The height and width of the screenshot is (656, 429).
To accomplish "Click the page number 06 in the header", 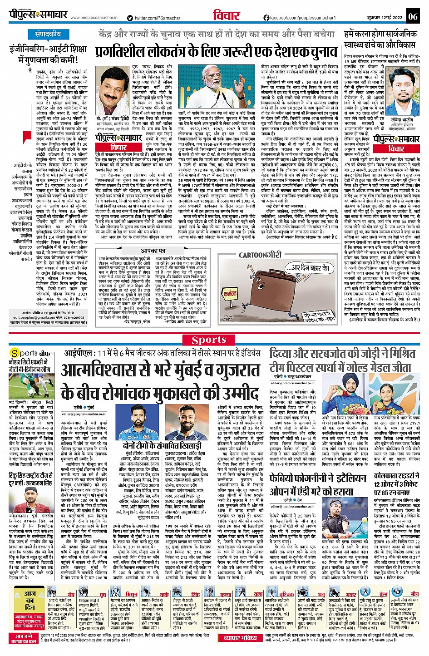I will coord(412,17).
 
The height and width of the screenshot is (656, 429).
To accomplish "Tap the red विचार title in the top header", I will coord(226,15).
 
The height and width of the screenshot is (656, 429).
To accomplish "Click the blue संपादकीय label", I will coord(48,34).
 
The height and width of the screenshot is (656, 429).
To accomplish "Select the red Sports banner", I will coord(208,340).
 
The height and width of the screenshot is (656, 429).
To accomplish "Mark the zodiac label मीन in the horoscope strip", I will coord(414,594).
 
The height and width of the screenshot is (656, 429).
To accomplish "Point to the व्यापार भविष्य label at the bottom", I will coord(240,638).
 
